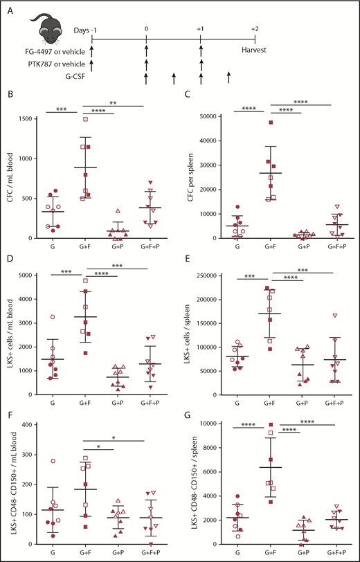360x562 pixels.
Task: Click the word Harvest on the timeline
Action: click(255, 50)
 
